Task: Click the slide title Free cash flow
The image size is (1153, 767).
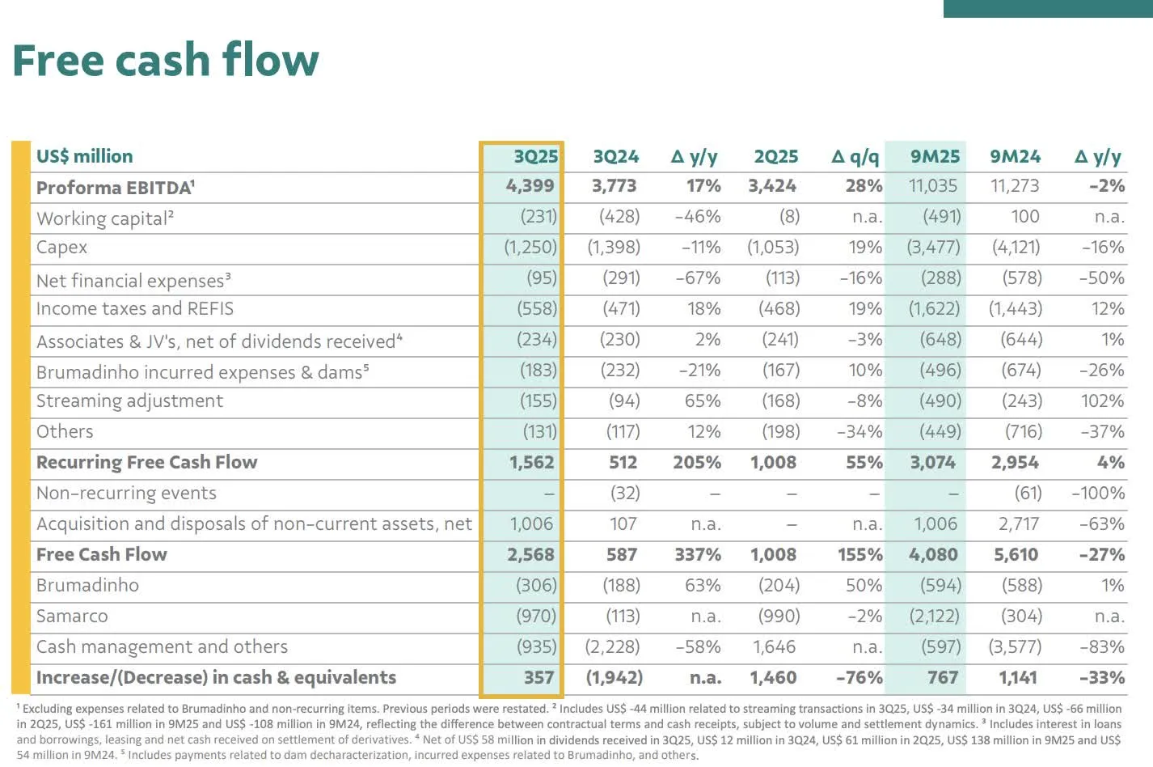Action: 166,61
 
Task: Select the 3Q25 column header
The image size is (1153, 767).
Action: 535,156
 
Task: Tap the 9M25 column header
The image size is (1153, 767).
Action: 935,156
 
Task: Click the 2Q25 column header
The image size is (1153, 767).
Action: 775,156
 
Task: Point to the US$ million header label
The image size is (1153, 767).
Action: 85,156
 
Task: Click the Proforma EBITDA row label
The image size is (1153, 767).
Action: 116,188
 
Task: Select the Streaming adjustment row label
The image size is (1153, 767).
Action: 129,401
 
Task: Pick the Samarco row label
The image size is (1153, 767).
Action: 72,617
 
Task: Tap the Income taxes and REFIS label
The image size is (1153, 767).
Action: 135,309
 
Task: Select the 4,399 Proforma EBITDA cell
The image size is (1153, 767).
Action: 530,186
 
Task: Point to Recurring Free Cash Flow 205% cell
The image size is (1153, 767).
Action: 696,463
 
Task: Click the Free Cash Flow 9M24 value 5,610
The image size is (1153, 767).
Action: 1016,555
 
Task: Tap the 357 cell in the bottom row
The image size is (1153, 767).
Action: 538,678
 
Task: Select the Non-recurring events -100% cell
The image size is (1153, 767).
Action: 1097,494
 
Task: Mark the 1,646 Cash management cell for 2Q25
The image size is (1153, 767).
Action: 774,647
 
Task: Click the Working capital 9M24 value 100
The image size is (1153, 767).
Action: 1024,217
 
